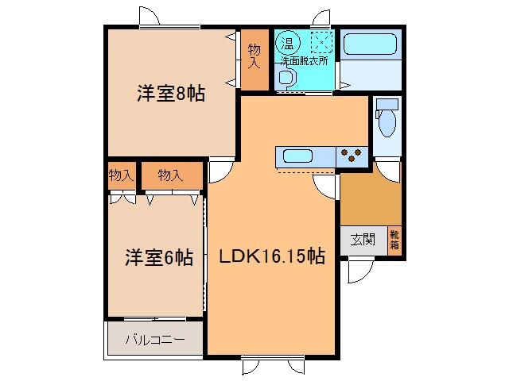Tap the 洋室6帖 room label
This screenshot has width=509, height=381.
(158, 258)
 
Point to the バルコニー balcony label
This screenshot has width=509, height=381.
(154, 341)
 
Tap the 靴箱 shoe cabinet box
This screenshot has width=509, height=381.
(394, 240)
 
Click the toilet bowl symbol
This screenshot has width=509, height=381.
(387, 125)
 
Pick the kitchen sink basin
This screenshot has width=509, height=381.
(300, 156)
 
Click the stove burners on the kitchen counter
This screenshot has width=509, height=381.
(352, 156)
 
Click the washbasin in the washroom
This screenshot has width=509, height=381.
(287, 78)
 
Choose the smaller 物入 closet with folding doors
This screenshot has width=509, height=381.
(121, 175)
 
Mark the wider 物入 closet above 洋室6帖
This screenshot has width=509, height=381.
(169, 175)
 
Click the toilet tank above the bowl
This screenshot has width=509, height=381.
(387, 104)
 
